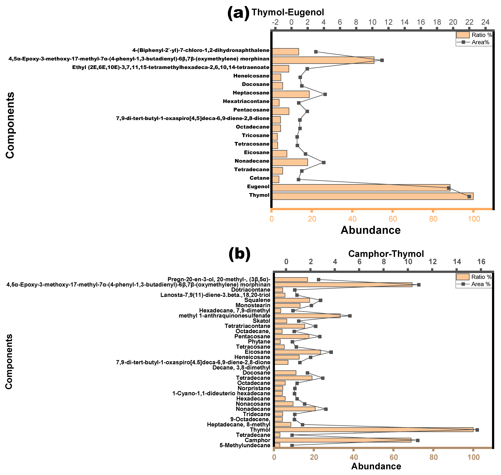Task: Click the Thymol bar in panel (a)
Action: click(x=372, y=196)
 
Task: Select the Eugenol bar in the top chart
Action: click(x=361, y=188)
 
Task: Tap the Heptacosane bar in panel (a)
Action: click(x=291, y=94)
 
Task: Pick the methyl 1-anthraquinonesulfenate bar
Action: click(x=307, y=316)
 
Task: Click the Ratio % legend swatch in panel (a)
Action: click(x=463, y=35)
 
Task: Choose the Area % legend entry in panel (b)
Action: click(x=473, y=284)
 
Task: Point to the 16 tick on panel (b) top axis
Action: click(x=481, y=262)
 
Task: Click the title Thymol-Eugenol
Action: click(x=288, y=12)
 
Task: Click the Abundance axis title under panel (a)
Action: click(x=371, y=230)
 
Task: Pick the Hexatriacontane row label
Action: click(x=246, y=101)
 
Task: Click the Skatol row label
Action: click(x=262, y=321)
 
